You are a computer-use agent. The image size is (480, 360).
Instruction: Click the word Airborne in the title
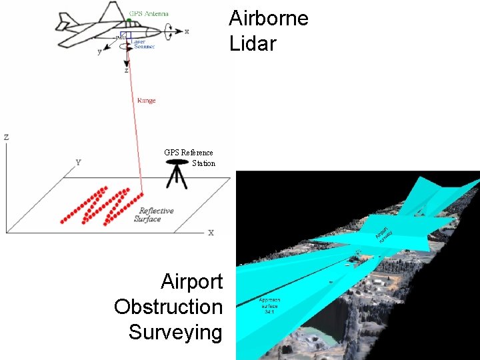pyautogui.click(x=269, y=18)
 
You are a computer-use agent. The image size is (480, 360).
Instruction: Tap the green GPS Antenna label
pyautogui.click(x=149, y=13)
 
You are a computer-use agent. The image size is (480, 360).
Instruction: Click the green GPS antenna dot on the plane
pyautogui.click(x=128, y=21)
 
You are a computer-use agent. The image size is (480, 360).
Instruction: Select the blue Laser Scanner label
pyautogui.click(x=144, y=44)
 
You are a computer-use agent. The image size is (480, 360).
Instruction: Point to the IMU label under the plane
pyautogui.click(x=121, y=38)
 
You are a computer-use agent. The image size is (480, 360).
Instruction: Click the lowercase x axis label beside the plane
pyautogui.click(x=187, y=31)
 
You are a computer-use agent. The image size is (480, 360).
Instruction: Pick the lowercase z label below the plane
pyautogui.click(x=126, y=69)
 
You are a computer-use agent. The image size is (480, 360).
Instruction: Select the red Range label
pyautogui.click(x=146, y=101)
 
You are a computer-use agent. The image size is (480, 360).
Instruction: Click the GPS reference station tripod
pyautogui.click(x=177, y=175)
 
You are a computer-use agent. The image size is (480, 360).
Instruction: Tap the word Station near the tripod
pyautogui.click(x=203, y=163)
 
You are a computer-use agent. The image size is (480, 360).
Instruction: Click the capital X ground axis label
pyautogui.click(x=211, y=233)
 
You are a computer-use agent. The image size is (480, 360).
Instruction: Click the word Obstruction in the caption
pyautogui.click(x=168, y=307)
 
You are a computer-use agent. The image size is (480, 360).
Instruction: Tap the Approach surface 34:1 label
pyautogui.click(x=270, y=305)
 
